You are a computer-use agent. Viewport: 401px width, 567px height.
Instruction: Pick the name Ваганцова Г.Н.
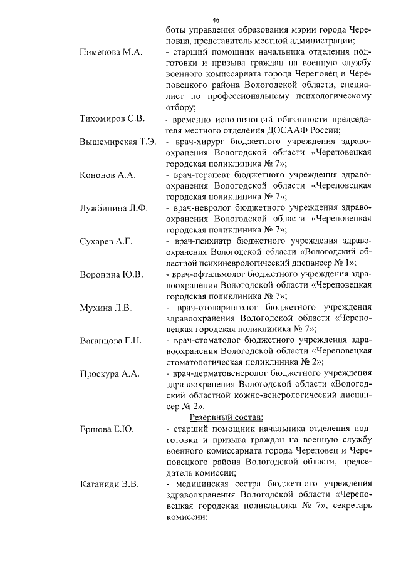pyautogui.click(x=111, y=341)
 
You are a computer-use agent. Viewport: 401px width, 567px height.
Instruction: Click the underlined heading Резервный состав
pyautogui.click(x=226, y=417)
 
